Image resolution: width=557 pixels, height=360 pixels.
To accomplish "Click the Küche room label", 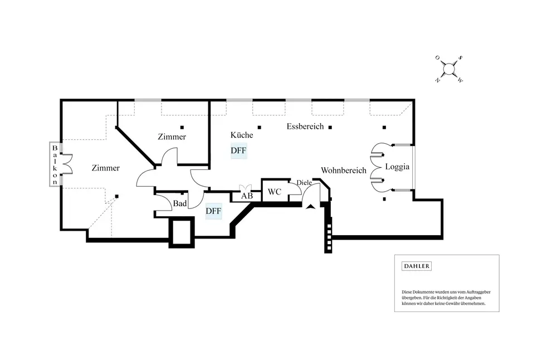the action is (x=242, y=135).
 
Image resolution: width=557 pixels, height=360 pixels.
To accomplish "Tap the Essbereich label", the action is (x=305, y=126).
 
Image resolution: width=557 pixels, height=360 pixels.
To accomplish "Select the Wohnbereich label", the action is (x=344, y=170).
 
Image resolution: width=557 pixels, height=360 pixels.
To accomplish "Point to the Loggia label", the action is (x=397, y=167).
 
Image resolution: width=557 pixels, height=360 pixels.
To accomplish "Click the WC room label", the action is (x=274, y=192).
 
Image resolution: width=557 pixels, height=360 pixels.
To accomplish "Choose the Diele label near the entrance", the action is (x=304, y=183).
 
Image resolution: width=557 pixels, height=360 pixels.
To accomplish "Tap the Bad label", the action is (x=180, y=203).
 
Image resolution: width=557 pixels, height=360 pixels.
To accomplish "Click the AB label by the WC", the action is (x=247, y=196).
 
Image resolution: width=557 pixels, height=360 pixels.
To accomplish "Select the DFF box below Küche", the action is (x=238, y=150).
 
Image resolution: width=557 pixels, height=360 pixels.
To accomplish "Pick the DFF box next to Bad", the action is (x=213, y=211).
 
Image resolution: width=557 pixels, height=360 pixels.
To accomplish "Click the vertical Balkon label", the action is (x=55, y=165).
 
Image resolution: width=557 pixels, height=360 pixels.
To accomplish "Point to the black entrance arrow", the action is (x=310, y=207).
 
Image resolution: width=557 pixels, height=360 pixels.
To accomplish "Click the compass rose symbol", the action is (x=449, y=69).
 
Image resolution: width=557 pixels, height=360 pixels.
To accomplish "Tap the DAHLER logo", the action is (x=416, y=266).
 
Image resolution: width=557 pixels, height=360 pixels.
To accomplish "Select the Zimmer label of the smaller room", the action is (x=172, y=137).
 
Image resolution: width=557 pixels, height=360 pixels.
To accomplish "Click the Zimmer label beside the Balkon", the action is (x=105, y=168).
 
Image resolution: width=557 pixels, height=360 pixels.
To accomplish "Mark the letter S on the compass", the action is (x=461, y=57).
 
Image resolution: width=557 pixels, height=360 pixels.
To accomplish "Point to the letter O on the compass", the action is (x=437, y=57).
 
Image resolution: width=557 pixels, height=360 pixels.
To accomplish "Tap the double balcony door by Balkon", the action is (x=67, y=164).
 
